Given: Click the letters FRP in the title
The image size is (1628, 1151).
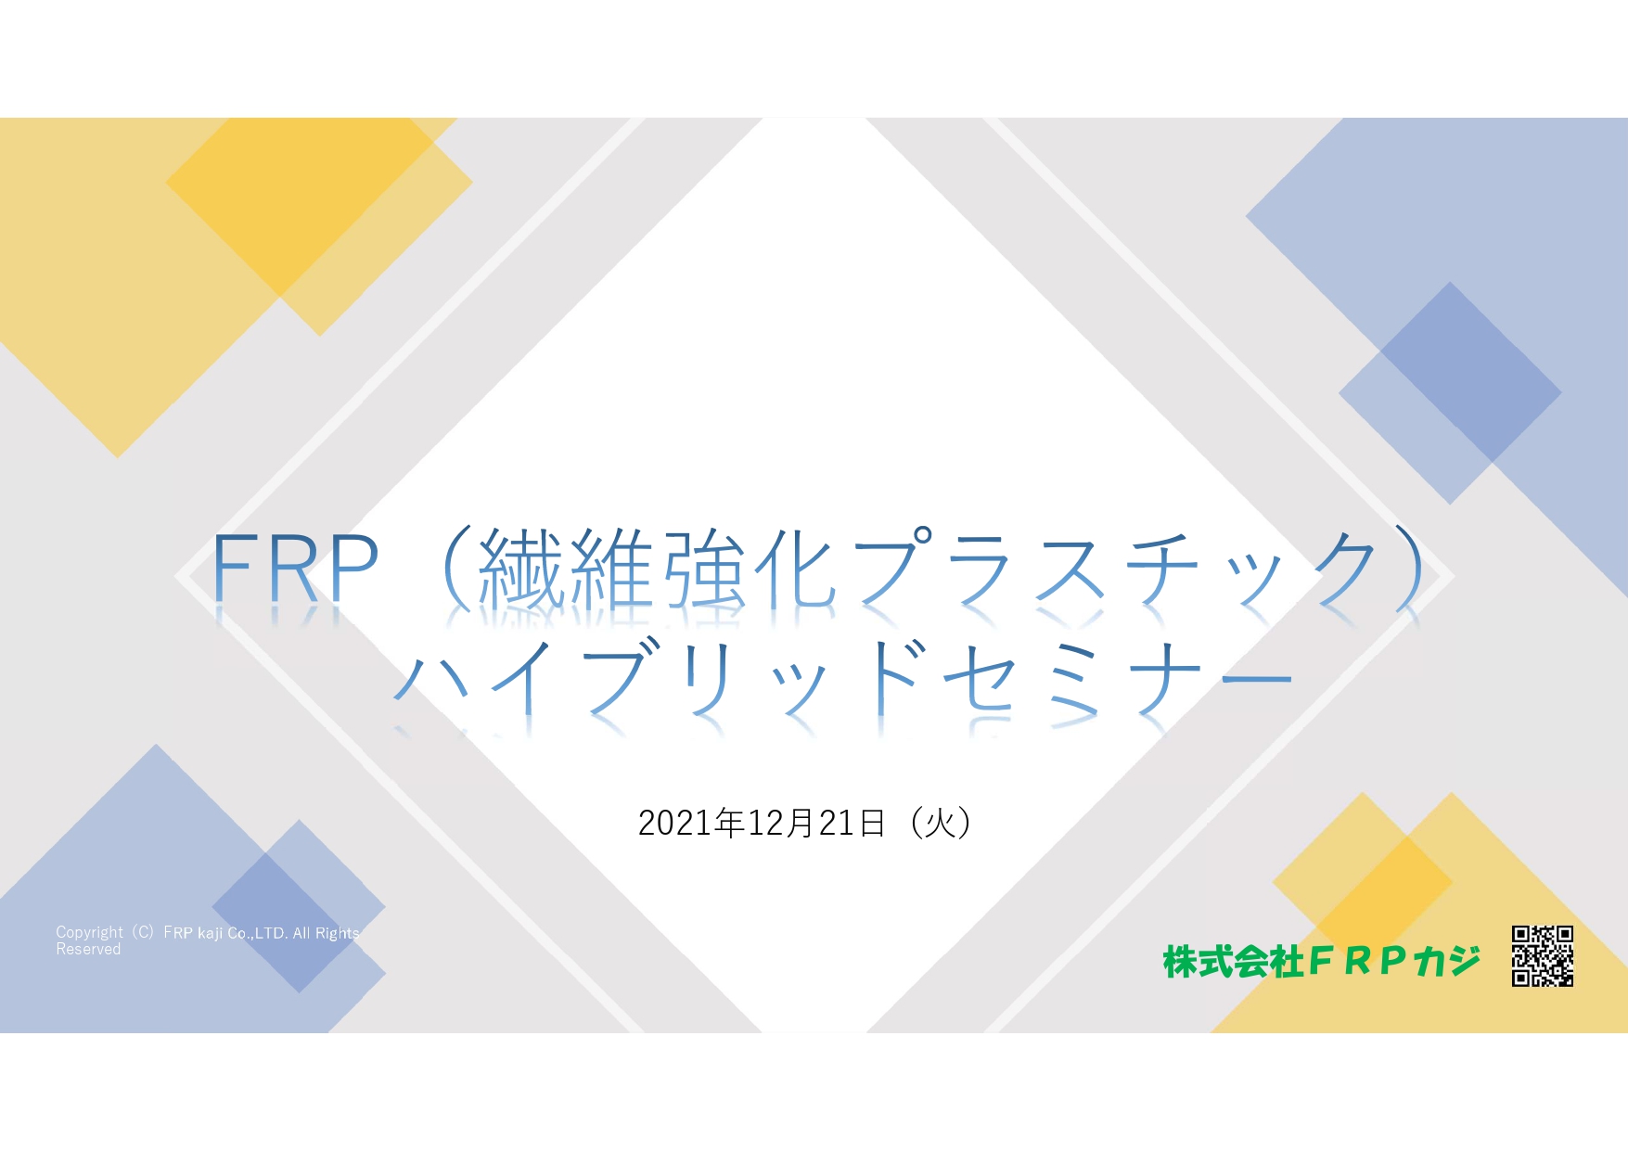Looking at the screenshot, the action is point(295,568).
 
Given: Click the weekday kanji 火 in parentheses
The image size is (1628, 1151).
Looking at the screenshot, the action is point(940,823).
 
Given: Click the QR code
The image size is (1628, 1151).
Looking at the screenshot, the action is point(1542,955).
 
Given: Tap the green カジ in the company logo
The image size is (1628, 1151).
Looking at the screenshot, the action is point(1447,962).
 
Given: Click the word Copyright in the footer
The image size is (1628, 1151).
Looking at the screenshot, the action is point(89,933).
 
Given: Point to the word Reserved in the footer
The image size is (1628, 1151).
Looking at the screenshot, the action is point(88,950).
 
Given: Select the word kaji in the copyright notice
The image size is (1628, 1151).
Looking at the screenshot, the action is point(210,934).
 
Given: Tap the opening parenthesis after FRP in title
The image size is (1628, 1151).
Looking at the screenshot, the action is point(458,568).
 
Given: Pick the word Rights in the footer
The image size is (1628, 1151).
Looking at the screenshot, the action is point(338,934).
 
